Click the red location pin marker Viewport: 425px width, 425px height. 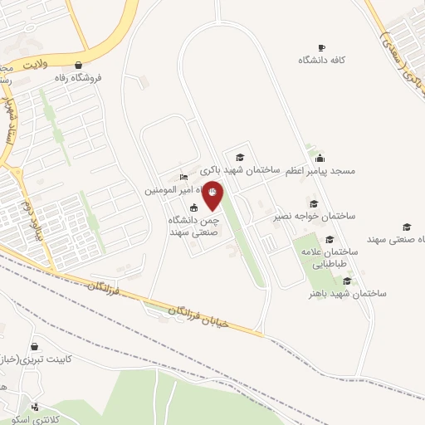[x=213, y=195]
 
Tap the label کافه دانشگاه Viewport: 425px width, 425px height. [x=323, y=61]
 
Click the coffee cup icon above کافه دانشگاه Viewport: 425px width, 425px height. [x=322, y=47]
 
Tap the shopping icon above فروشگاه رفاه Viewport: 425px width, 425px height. [x=78, y=65]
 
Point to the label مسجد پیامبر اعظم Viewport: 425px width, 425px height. [x=320, y=171]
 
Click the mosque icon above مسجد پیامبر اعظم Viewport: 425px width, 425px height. [x=320, y=158]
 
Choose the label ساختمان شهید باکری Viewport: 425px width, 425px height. [x=246, y=169]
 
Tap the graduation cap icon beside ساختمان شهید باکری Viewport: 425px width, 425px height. [x=240, y=157]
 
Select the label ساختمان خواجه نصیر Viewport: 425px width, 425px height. [x=315, y=216]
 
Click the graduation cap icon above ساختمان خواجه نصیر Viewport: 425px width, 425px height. [x=314, y=203]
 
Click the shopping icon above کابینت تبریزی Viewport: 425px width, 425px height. [x=35, y=346]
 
